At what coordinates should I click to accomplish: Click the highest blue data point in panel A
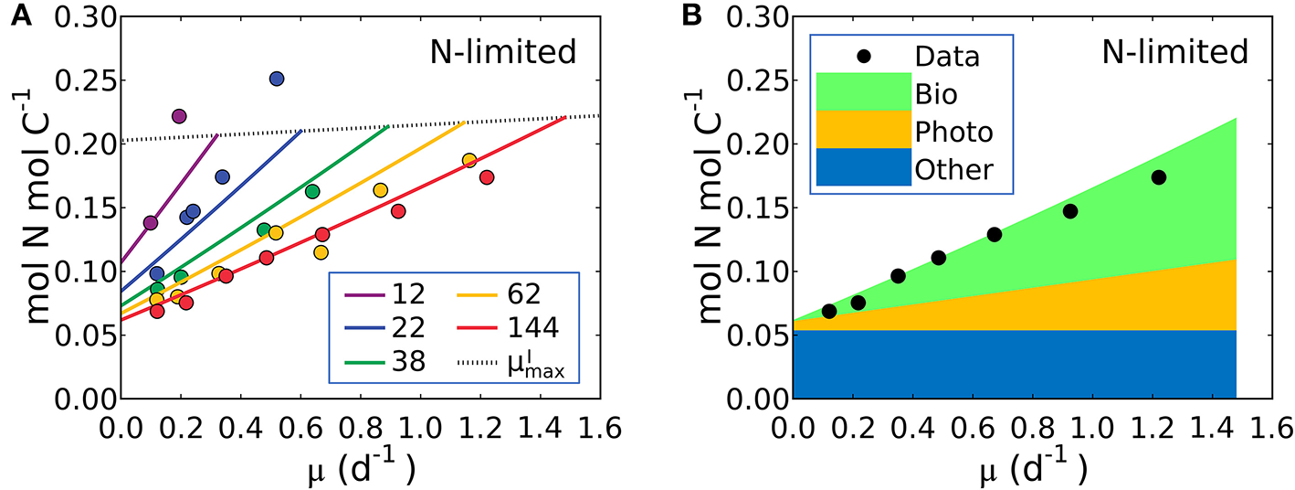277,80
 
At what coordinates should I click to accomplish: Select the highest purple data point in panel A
179,116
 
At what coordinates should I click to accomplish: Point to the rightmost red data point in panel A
487,177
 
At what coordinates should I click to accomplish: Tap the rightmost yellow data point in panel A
469,160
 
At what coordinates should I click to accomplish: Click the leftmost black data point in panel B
829,311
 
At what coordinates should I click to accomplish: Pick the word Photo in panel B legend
953,132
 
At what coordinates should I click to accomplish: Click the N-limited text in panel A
503,53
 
